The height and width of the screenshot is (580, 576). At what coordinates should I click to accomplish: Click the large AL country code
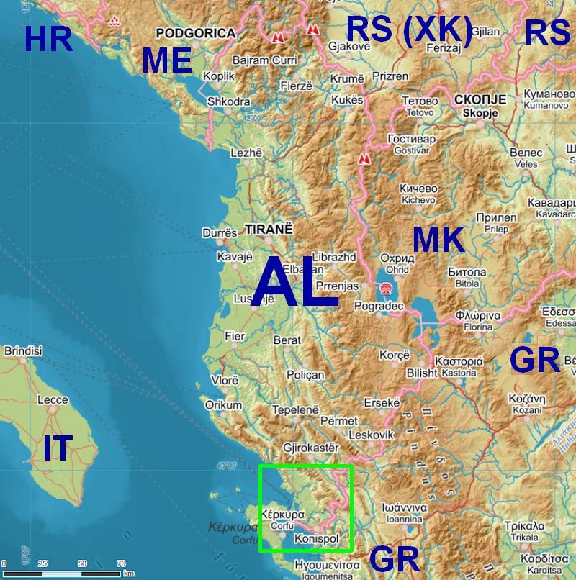pyautogui.click(x=294, y=284)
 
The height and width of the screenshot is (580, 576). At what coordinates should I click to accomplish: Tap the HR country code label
pyautogui.click(x=48, y=38)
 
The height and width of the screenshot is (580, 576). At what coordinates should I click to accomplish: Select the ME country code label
pyautogui.click(x=166, y=61)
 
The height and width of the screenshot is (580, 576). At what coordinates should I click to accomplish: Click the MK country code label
pyautogui.click(x=438, y=240)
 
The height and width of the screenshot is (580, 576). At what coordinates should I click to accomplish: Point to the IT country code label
pyautogui.click(x=58, y=448)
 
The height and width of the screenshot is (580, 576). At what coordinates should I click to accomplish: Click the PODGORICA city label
pyautogui.click(x=195, y=33)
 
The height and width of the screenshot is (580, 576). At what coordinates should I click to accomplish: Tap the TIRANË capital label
pyautogui.click(x=269, y=229)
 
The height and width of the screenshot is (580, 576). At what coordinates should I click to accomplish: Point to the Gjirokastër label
pyautogui.click(x=311, y=448)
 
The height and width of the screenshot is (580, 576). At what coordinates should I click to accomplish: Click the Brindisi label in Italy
pyautogui.click(x=24, y=351)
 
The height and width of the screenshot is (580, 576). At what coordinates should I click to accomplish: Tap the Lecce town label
pyautogui.click(x=53, y=400)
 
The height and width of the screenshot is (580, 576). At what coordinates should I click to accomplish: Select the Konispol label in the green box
pyautogui.click(x=315, y=539)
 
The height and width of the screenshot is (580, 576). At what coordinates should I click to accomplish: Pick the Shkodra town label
pyautogui.click(x=228, y=102)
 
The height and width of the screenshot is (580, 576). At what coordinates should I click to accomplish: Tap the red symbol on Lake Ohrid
pyautogui.click(x=387, y=288)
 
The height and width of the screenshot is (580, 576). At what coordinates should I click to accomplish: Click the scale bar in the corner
pyautogui.click(x=61, y=573)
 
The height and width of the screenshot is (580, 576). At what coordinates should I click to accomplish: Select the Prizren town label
pyautogui.click(x=390, y=76)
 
